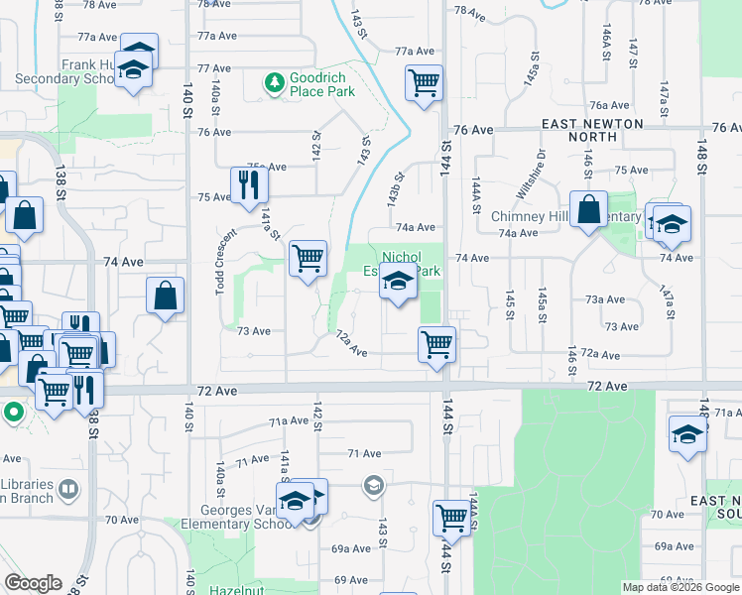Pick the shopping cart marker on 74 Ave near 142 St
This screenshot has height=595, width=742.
tap(309, 259)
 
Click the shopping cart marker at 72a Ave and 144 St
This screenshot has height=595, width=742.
tap(436, 345)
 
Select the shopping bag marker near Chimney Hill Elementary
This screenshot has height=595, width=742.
tap(589, 210)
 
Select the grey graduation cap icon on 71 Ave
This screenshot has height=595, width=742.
tap(373, 485)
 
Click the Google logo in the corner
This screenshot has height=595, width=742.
tap(32, 583)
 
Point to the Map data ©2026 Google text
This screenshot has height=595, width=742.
tap(680, 587)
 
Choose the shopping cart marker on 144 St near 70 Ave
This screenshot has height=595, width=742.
tap(451, 517)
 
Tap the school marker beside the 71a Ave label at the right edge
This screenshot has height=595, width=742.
tap(687, 435)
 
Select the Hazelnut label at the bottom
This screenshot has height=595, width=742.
tap(235, 589)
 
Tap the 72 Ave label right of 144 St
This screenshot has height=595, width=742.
tap(607, 385)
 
